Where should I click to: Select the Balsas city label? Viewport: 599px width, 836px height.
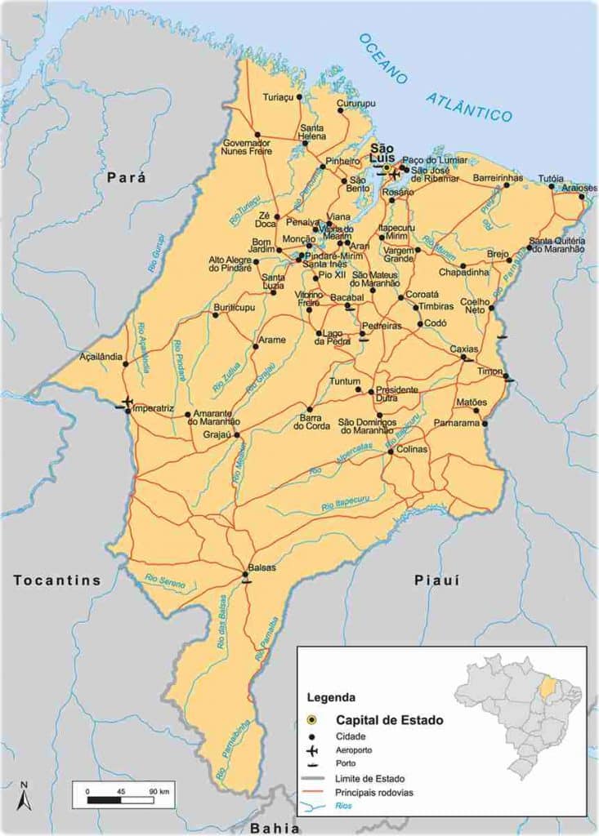click(261, 567)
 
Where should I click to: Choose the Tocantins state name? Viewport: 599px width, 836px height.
click(57, 580)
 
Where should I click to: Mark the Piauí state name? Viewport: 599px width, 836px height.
click(437, 580)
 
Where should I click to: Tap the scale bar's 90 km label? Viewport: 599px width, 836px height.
click(159, 791)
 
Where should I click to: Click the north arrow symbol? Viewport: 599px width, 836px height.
click(25, 796)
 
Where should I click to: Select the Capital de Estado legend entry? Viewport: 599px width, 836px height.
click(389, 720)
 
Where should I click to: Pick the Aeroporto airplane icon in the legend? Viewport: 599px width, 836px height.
click(311, 750)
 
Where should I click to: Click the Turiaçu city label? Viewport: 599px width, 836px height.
click(278, 96)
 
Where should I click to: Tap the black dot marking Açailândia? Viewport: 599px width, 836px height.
click(125, 363)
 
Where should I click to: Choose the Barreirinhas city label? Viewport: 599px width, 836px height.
click(497, 177)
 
